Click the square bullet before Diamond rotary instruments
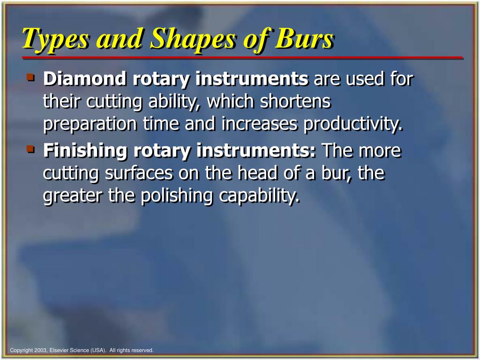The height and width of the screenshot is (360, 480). (x=31, y=77)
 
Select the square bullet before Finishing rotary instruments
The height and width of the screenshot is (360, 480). (x=31, y=149)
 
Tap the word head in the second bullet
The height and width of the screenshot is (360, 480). (x=256, y=173)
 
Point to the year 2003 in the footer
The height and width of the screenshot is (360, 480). (x=40, y=350)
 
